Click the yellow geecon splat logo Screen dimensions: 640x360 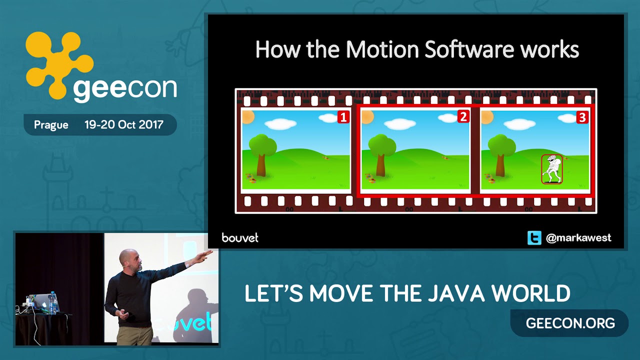(x=59, y=65)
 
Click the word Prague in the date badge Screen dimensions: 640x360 (x=51, y=125)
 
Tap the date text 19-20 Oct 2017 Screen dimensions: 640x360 (x=124, y=124)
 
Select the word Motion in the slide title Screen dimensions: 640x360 (x=382, y=49)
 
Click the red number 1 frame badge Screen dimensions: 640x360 (x=343, y=117)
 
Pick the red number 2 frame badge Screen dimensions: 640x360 (x=463, y=116)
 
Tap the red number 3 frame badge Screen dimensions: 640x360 (x=582, y=117)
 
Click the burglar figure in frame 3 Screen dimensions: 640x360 (x=552, y=169)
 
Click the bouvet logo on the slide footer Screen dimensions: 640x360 (x=240, y=237)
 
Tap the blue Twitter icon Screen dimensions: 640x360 (x=534, y=237)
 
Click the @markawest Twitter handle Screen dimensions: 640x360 (x=578, y=237)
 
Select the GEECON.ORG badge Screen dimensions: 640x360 (x=570, y=323)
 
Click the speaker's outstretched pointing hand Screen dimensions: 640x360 (x=204, y=255)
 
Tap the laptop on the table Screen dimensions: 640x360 (x=40, y=303)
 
